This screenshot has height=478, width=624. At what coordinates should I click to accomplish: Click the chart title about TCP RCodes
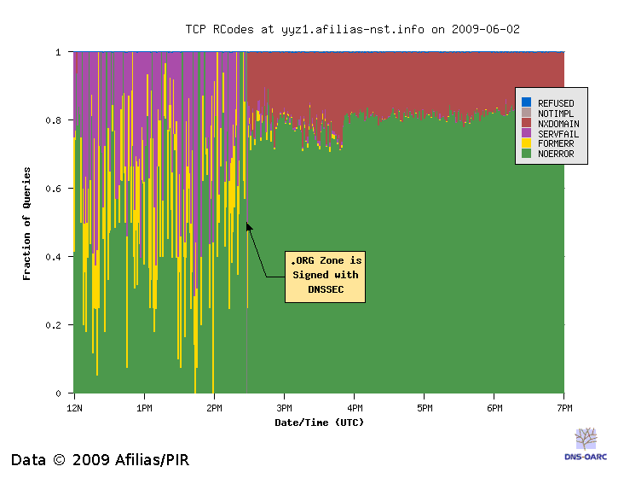pyautogui.click(x=352, y=29)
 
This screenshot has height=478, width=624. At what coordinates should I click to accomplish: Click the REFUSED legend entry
pyautogui.click(x=555, y=103)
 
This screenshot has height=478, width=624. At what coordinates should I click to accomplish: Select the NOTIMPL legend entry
pyautogui.click(x=556, y=114)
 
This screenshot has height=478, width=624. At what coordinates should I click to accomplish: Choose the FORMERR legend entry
pyautogui.click(x=556, y=144)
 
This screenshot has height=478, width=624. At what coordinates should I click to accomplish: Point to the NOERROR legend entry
pyautogui.click(x=556, y=154)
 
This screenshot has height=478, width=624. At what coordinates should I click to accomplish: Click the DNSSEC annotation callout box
pyautogui.click(x=325, y=276)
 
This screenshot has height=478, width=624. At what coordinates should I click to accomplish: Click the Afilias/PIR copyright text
pyautogui.click(x=100, y=460)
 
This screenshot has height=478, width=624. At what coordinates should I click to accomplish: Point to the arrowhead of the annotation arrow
pyautogui.click(x=248, y=225)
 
